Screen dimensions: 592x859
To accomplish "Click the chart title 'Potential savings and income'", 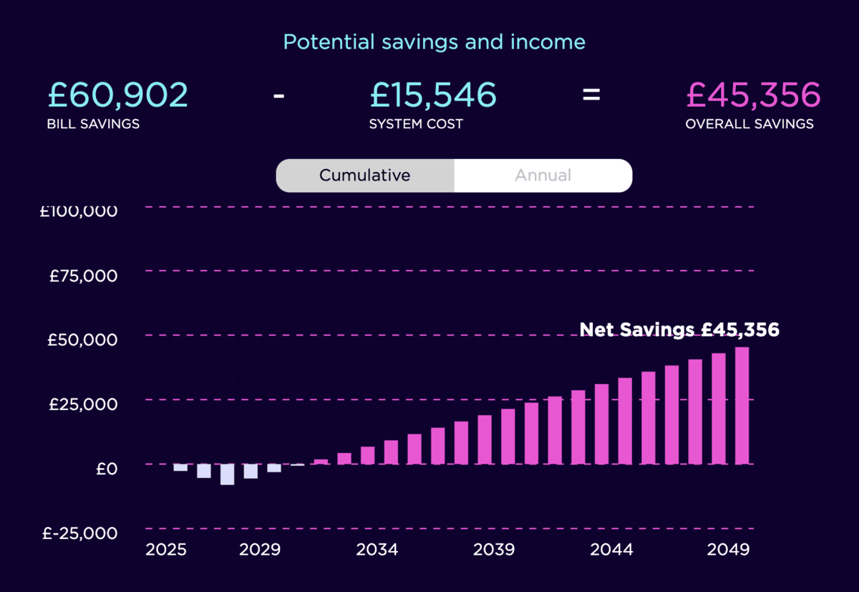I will (434, 42).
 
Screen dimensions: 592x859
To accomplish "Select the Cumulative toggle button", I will (365, 176).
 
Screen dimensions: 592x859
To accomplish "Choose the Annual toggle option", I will (543, 176).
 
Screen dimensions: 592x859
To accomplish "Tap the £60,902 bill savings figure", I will (118, 95).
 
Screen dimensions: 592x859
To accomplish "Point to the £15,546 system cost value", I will (432, 95).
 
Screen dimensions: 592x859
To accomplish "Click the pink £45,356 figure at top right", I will (753, 95).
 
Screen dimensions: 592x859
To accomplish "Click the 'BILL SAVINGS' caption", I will (93, 124).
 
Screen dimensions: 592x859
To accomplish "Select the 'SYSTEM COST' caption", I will (416, 124).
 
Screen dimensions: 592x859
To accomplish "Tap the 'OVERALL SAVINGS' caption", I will (749, 124).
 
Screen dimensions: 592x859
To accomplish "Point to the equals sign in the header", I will (591, 94).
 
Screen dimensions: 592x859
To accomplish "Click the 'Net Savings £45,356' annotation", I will (679, 330).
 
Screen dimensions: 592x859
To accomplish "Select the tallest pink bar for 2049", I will (742, 406).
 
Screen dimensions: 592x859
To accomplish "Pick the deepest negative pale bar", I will (227, 474).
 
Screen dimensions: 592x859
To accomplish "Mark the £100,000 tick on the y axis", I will (79, 211).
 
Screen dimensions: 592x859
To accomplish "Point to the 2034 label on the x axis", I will (377, 550).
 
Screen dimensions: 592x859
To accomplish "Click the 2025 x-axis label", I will (166, 550).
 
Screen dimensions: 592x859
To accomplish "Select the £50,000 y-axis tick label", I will (82, 340).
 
